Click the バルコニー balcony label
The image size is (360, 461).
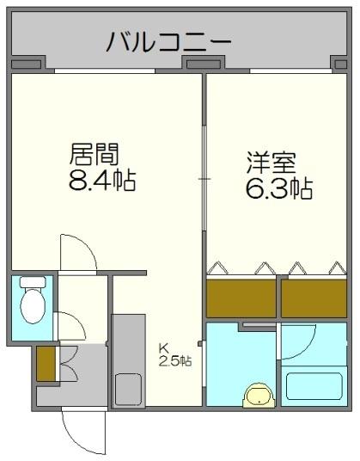(169, 41)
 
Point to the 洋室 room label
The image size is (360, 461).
(269, 161)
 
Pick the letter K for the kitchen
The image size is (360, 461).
(162, 347)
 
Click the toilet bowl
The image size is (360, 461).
(33, 304)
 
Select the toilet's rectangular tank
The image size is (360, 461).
(33, 282)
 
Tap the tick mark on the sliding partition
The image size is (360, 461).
(204, 178)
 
